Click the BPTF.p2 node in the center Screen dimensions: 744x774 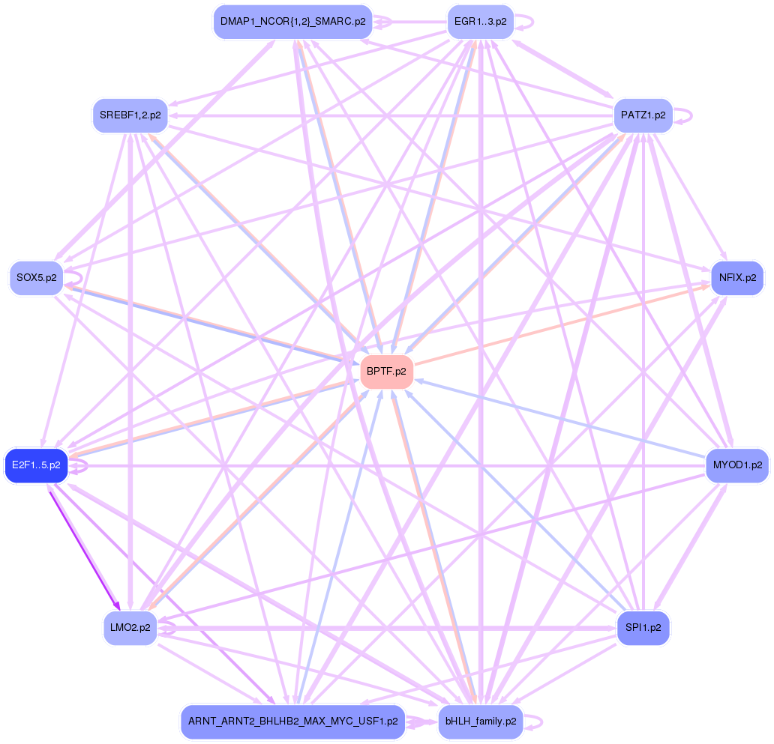(387, 372)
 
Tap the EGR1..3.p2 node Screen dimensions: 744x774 (480, 22)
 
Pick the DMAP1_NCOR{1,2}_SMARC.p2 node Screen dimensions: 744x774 (293, 22)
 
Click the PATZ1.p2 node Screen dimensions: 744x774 (643, 115)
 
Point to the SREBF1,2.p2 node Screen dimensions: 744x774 (130, 115)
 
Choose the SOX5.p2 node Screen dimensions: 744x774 (36, 278)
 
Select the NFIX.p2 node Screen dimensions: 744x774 (737, 278)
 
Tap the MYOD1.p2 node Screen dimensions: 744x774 (737, 465)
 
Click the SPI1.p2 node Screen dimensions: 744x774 (643, 628)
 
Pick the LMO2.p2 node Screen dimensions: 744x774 (130, 628)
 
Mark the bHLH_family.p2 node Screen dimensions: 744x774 (480, 722)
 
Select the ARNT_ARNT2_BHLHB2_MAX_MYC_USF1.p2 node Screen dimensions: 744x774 (292, 722)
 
